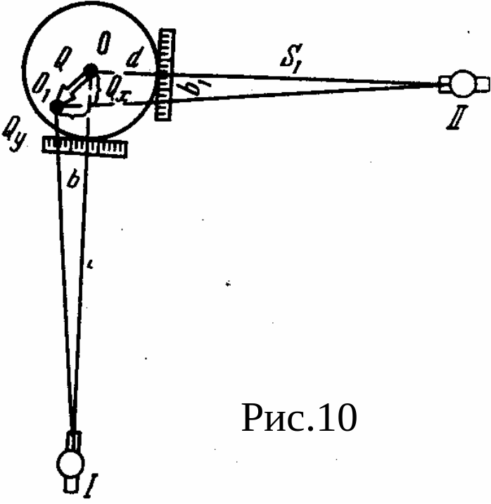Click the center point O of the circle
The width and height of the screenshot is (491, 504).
[x=91, y=70]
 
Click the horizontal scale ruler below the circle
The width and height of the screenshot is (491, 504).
[x=85, y=147]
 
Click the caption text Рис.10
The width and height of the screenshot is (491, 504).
[x=299, y=418]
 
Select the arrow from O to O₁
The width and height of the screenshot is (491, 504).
[x=74, y=90]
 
